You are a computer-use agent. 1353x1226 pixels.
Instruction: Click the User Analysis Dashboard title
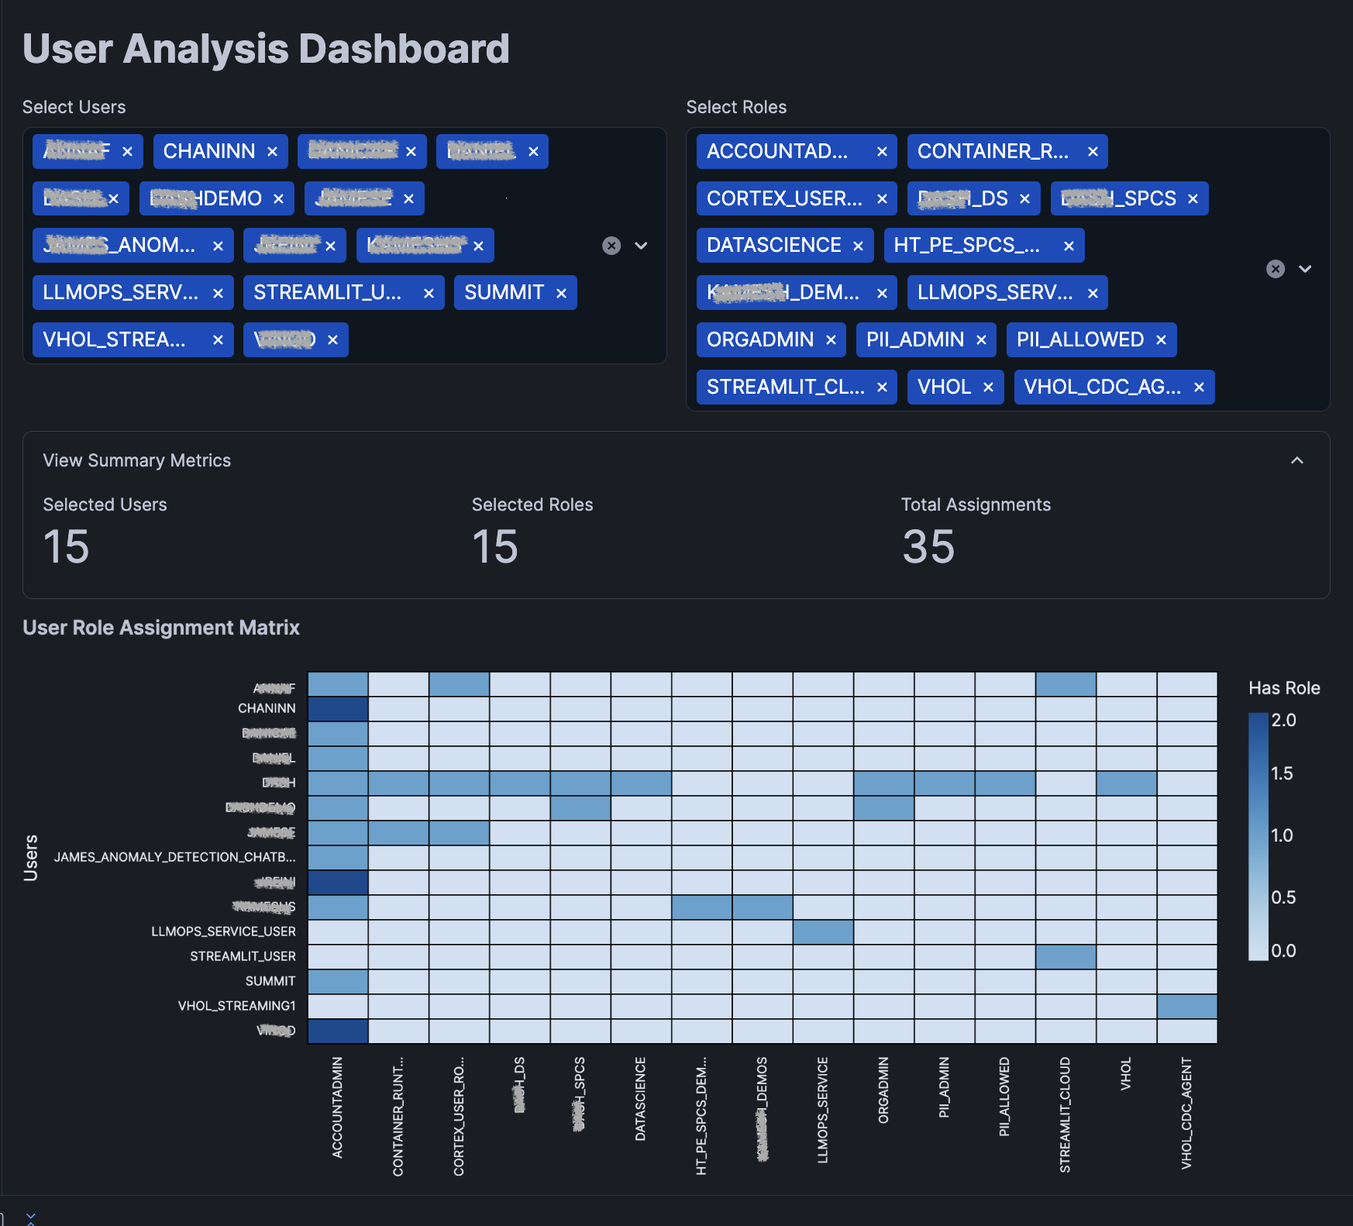[266, 49]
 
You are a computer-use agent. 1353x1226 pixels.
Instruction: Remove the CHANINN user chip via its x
[272, 152]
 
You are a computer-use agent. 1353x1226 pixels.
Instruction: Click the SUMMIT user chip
[504, 292]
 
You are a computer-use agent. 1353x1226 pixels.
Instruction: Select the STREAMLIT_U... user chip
[328, 292]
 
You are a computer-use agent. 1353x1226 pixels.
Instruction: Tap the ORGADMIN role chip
[759, 339]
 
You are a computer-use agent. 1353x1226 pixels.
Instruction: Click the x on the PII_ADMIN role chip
[981, 340]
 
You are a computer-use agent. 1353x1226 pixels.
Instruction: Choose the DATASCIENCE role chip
[773, 245]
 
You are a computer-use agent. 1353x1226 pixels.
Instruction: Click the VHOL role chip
[944, 387]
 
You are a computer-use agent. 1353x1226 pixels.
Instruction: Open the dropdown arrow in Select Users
[641, 246]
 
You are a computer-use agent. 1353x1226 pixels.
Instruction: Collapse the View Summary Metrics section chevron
[1296, 460]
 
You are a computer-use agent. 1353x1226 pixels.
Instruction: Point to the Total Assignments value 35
[928, 547]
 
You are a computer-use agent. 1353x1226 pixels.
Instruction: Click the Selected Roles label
[532, 505]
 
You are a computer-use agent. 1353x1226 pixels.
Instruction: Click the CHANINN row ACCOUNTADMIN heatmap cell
[338, 709]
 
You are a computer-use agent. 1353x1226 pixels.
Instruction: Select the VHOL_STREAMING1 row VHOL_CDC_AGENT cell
[1186, 1006]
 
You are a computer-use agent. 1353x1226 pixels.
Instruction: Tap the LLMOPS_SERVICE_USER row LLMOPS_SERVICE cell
[823, 932]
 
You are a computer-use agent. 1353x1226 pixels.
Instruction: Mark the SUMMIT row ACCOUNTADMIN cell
[338, 981]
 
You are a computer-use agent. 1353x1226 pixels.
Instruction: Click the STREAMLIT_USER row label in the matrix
[243, 956]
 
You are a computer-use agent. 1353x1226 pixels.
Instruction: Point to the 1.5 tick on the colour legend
[1282, 773]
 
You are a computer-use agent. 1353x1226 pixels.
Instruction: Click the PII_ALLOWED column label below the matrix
[1004, 1097]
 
